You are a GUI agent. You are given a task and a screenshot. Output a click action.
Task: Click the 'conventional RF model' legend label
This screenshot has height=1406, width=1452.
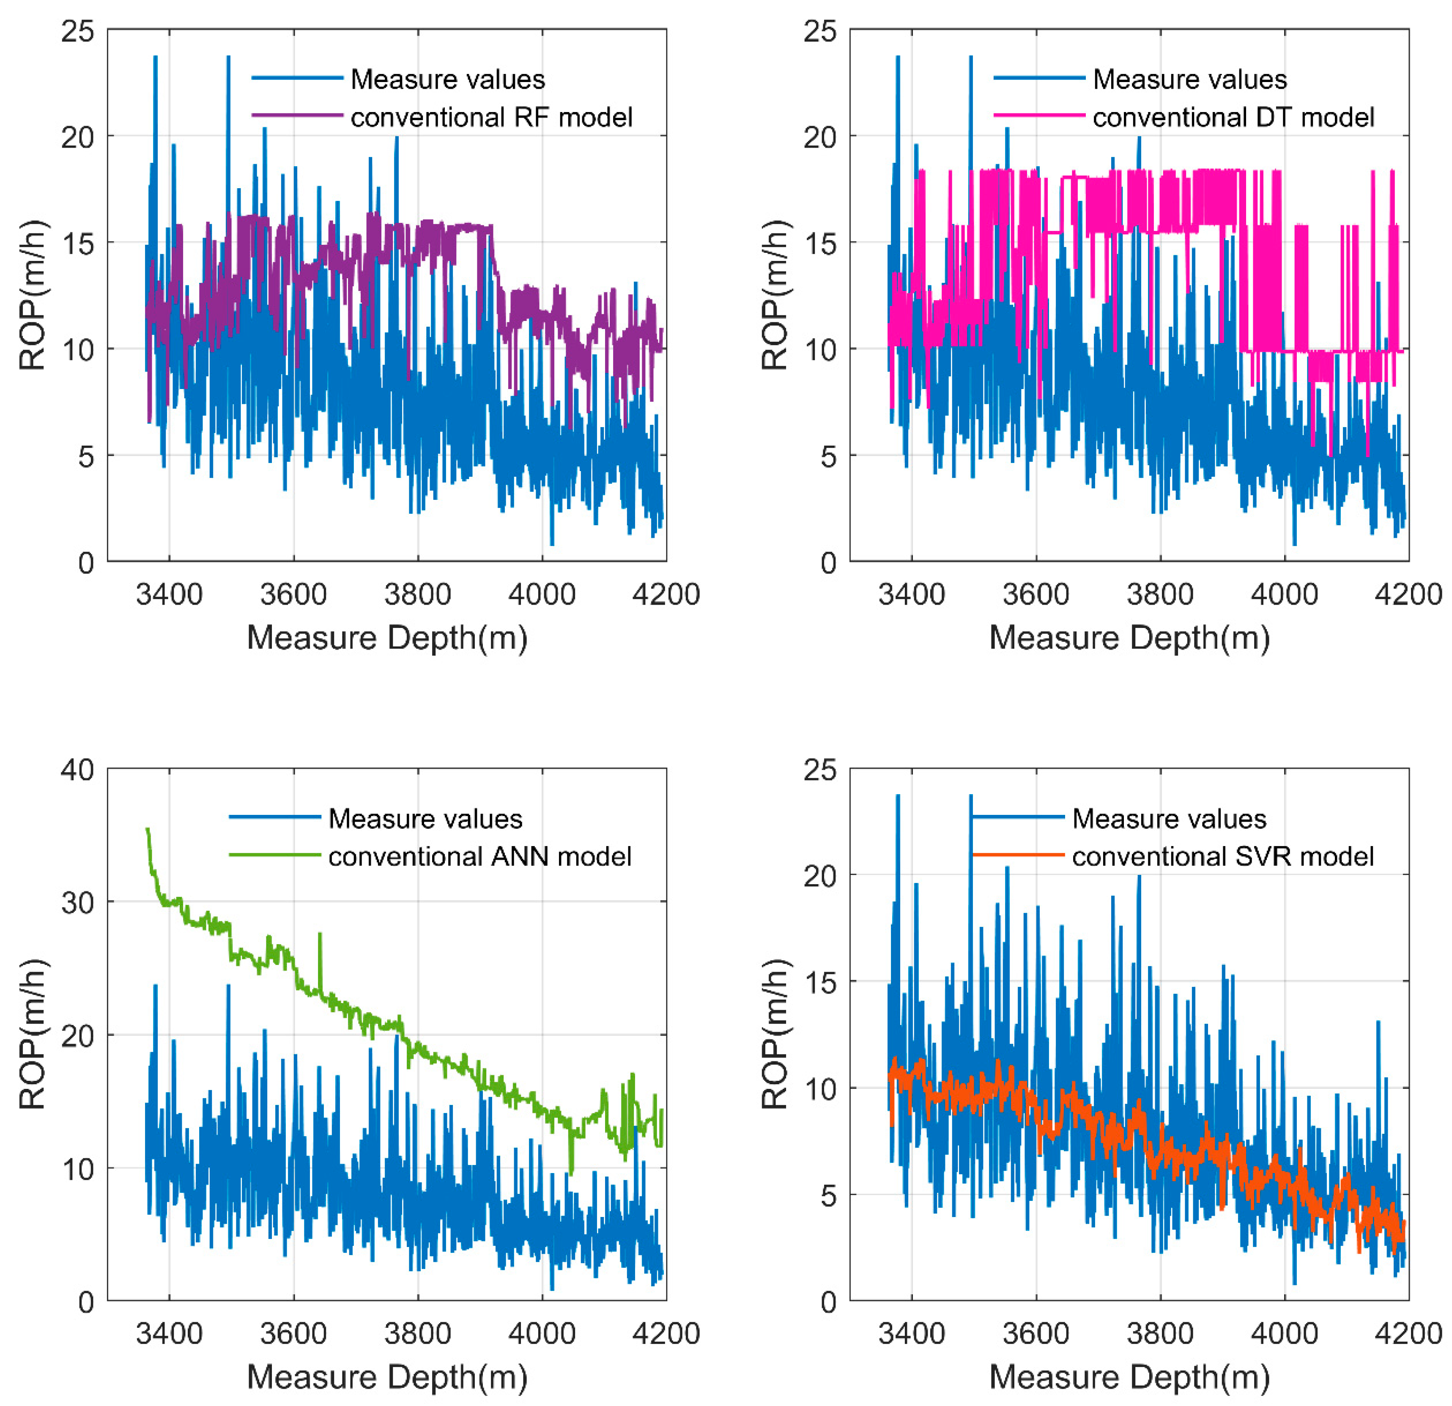[491, 117]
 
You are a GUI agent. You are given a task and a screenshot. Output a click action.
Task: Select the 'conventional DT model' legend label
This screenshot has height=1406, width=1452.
[1233, 117]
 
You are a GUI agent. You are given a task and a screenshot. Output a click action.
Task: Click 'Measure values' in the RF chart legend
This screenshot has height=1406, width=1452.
[447, 79]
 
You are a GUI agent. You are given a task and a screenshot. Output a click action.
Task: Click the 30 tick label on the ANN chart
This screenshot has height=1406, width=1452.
[78, 902]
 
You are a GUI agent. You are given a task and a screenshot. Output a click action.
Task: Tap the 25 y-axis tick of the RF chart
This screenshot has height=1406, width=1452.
[78, 31]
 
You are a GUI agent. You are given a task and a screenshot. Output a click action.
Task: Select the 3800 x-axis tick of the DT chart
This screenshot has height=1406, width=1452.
[1160, 594]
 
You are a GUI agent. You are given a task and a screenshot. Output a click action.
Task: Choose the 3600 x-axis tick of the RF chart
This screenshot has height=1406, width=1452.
[293, 594]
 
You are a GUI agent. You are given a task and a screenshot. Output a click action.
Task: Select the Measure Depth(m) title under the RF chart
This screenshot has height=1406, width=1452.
[387, 638]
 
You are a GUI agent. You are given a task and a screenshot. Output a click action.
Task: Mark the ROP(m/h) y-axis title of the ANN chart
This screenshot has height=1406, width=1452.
[33, 1034]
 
